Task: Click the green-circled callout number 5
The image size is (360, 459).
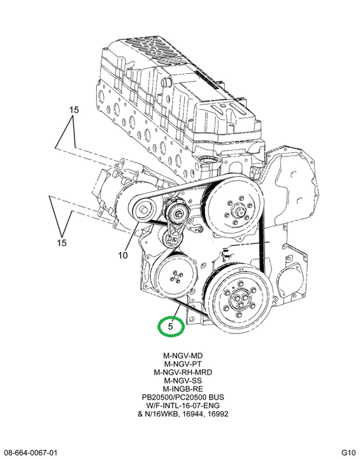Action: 171,326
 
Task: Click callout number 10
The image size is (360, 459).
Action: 123,255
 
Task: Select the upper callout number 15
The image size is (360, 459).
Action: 74,110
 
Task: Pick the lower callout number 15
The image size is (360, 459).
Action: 62,243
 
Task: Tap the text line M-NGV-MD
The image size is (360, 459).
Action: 183,356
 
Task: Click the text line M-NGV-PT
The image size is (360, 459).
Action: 183,364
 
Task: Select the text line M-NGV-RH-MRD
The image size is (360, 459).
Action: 183,372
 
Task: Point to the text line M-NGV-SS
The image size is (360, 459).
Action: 183,381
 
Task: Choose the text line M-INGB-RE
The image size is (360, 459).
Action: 183,389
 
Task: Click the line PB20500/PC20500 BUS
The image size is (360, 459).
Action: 183,397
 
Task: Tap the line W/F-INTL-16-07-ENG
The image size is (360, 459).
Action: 183,405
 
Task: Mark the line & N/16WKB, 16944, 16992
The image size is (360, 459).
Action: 183,414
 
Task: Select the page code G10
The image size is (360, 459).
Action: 349,452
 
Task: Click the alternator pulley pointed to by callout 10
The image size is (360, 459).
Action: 143,210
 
